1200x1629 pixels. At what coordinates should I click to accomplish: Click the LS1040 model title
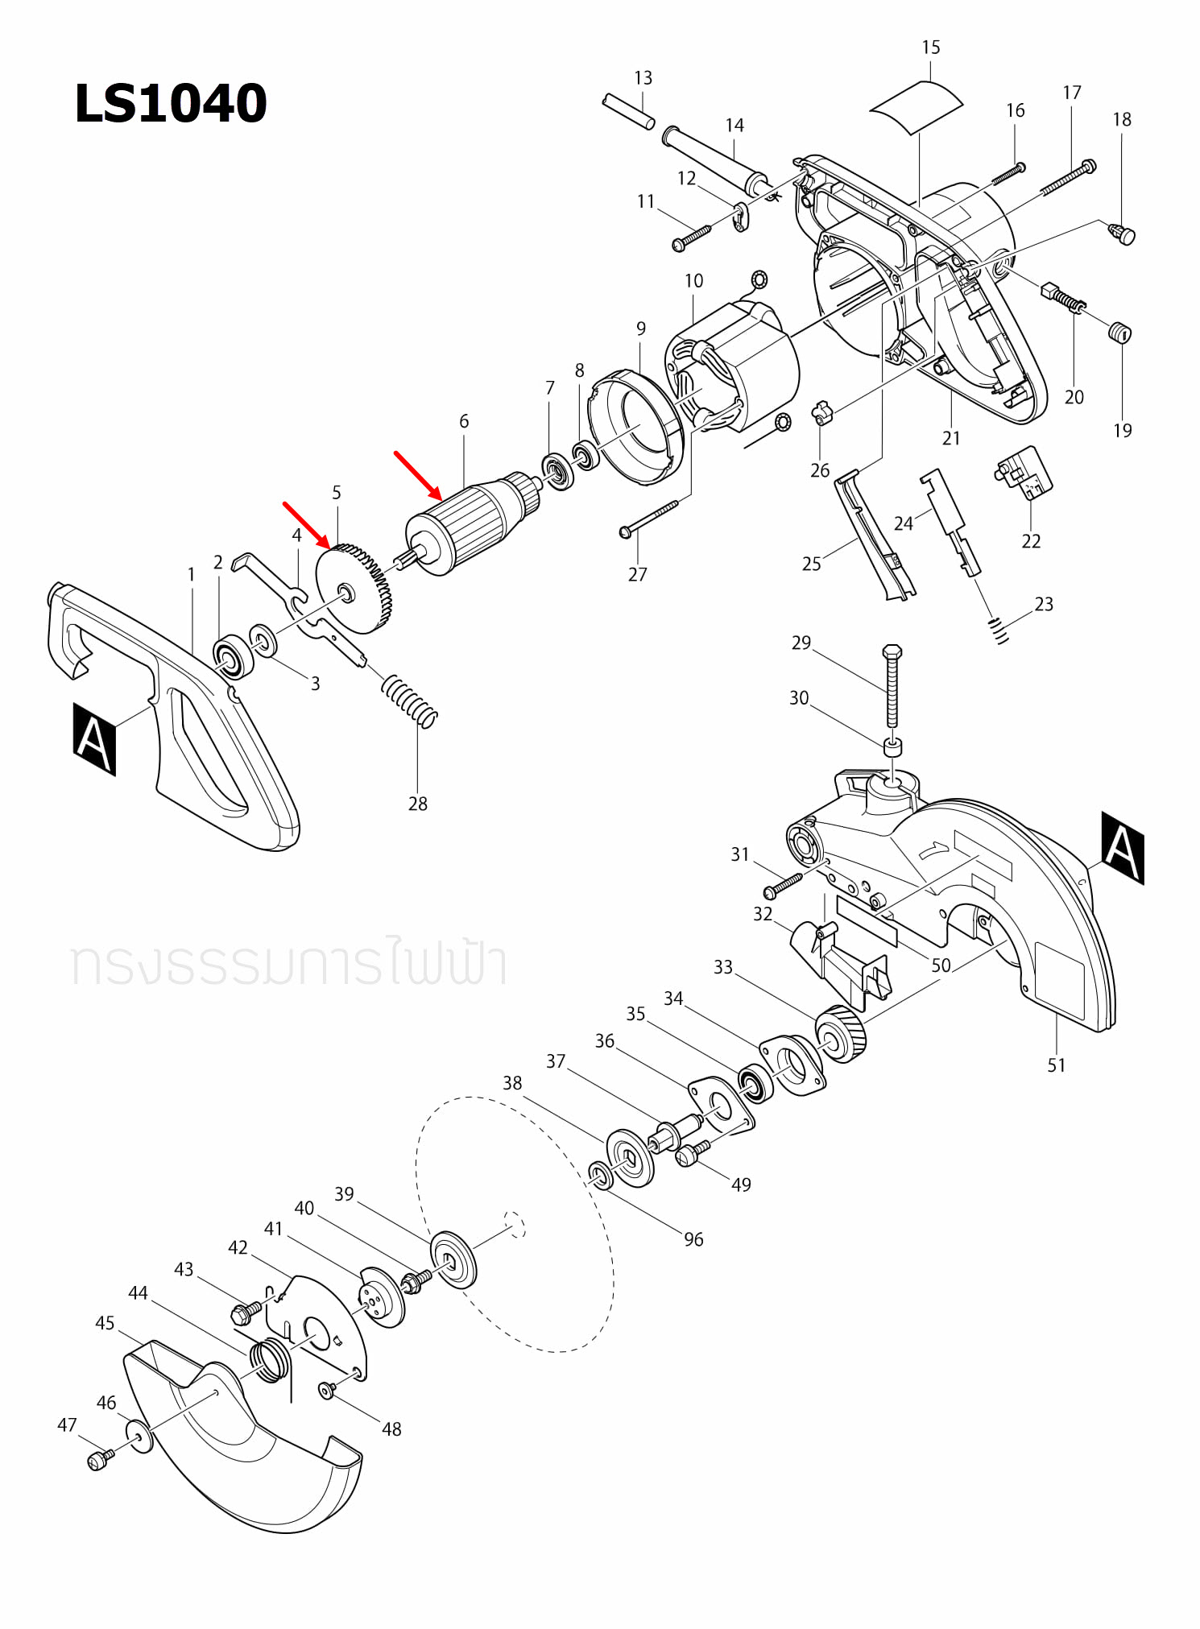coord(170,104)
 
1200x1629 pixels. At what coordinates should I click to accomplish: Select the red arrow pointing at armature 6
coord(417,475)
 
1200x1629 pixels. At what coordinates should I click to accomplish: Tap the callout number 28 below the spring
coord(417,804)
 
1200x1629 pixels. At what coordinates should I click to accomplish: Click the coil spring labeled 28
coord(409,700)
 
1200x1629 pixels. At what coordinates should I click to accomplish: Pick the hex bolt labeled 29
coord(892,684)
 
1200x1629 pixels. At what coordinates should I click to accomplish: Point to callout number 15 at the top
coord(931,48)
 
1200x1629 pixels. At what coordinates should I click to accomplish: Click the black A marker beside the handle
coord(94,738)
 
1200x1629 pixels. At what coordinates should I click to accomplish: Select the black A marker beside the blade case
coord(1123,848)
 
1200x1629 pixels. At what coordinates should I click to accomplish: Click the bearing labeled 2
coord(234,656)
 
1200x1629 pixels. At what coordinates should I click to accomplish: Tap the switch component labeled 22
coord(1024,473)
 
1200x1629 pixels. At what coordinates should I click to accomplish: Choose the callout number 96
coord(693,1239)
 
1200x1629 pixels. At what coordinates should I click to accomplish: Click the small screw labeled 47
coord(98,1460)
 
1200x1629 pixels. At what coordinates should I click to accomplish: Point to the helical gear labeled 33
coord(841,1035)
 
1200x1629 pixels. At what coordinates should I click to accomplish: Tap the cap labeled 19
coord(1120,332)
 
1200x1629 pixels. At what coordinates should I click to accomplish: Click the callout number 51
coord(1056,1065)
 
